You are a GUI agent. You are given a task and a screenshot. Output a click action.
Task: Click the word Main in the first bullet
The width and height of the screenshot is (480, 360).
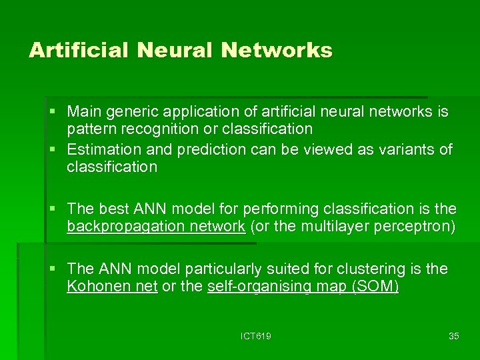[83, 111]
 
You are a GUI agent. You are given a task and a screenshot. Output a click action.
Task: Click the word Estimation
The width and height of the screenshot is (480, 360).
[100, 149]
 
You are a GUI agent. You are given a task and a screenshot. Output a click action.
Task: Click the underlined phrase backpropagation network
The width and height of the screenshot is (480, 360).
[156, 227]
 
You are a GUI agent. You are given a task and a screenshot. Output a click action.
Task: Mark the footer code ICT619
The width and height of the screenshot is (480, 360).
[256, 336]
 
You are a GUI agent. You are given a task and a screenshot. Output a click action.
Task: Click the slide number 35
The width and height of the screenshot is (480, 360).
[453, 336]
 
